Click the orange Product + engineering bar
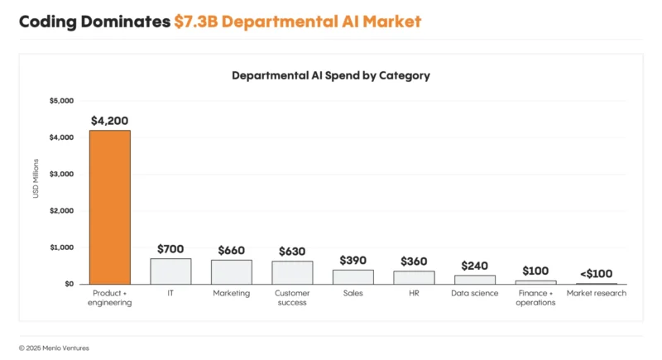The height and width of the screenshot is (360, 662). pos(109,207)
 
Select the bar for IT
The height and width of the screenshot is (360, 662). pos(170,271)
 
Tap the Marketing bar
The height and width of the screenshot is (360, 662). pos(232,272)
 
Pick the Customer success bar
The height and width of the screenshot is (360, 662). pos(292,272)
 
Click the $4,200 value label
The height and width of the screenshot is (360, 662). pos(109,120)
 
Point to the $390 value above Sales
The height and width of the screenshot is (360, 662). pos(353,260)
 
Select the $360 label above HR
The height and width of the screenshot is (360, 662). pos(414,261)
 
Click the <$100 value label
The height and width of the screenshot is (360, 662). pos(597,274)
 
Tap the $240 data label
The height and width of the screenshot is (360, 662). pos(475,266)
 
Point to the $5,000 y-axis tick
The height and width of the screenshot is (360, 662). pos(62,101)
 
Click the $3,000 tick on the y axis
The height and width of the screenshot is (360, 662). pos(62,174)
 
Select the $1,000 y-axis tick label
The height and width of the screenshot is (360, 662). pos(62,247)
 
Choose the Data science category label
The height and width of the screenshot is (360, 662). pos(475,293)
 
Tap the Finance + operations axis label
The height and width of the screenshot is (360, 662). pos(535,298)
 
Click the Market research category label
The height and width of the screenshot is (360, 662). pos(597,293)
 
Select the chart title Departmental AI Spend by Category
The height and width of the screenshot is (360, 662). pos(331,75)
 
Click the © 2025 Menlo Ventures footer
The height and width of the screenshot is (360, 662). pos(54,348)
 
